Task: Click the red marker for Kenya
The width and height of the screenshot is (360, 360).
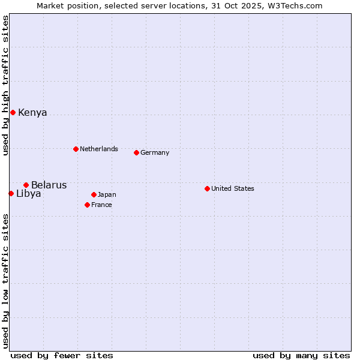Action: coord(13,112)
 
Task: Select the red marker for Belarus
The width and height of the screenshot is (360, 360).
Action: coord(26,185)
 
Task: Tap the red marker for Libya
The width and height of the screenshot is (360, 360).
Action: coord(11,193)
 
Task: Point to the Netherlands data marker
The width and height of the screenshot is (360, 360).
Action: coord(76,149)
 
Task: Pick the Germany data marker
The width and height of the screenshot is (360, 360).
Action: coord(136,152)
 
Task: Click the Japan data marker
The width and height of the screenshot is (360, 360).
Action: coord(94,194)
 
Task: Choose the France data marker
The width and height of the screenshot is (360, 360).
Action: coord(87,205)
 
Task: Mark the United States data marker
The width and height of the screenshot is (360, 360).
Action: coord(207,188)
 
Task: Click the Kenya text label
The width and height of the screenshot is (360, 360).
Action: coord(32,113)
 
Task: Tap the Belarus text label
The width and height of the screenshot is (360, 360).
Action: coord(49,185)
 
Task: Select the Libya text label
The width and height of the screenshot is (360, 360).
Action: coord(28,193)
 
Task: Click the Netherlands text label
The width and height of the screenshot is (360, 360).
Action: coord(98,149)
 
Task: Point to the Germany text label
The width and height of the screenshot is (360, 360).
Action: coord(155,152)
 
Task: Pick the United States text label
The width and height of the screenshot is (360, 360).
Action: coord(232,188)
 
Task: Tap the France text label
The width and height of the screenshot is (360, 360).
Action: coord(101,205)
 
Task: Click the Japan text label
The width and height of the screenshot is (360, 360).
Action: coord(107,194)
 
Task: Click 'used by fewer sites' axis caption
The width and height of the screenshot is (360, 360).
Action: coord(62,355)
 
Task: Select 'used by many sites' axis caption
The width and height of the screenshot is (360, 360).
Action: coord(301,355)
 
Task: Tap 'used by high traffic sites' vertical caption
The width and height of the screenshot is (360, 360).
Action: coord(5,85)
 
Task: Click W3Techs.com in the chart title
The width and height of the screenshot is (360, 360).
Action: coord(295,5)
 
